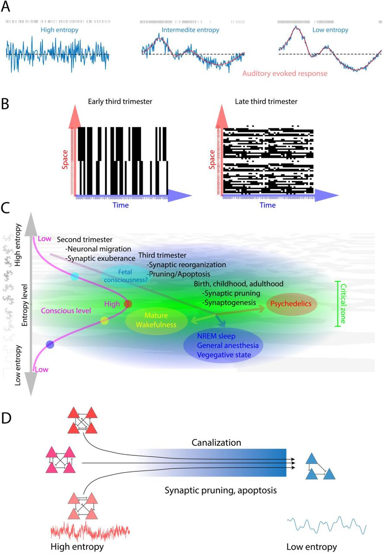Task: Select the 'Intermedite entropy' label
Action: tap(190, 30)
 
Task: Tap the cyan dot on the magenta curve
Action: tap(75, 276)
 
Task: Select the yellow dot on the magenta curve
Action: tap(104, 320)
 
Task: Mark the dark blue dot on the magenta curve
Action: tap(50, 344)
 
